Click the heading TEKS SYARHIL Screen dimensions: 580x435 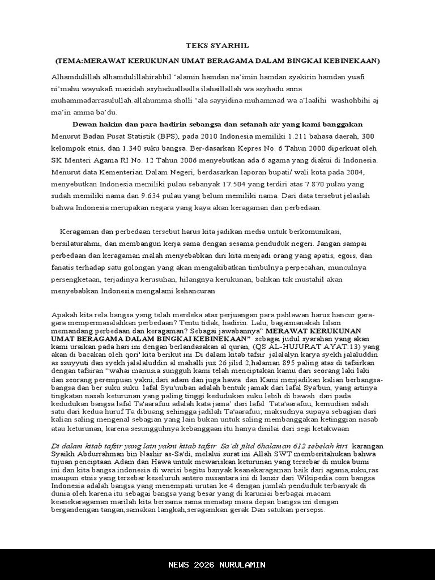(217, 45)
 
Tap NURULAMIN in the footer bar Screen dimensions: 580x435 (243, 565)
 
